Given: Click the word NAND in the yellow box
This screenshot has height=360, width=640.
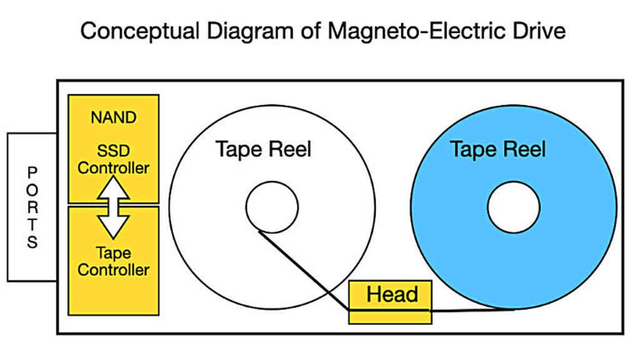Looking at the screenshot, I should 113,117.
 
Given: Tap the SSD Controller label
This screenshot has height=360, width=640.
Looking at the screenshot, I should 113,160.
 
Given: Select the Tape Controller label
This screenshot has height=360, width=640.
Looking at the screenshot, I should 113,261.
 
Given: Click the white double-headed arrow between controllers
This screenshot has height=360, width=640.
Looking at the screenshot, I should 113,207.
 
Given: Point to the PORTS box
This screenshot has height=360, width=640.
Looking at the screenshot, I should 32,206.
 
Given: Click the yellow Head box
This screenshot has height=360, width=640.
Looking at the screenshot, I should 390,302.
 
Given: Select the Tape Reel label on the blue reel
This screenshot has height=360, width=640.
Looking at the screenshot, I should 497,149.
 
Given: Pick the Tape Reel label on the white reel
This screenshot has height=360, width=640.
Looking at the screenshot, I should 263,149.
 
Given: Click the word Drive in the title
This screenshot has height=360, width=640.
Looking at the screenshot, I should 537,30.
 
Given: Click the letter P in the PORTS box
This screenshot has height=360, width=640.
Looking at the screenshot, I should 32,171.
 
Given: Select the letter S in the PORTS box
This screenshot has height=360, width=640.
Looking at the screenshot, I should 32,242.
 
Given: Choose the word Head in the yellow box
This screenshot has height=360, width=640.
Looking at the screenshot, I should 391,294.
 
